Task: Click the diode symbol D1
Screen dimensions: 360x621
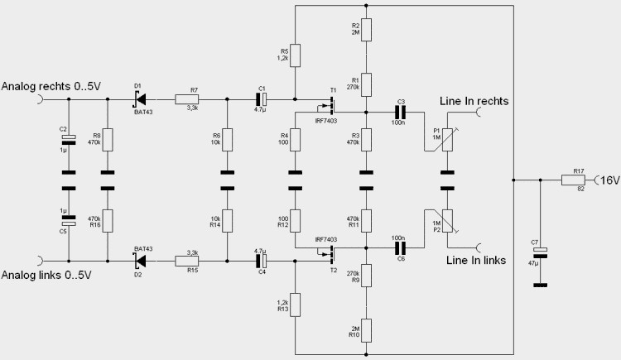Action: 140,99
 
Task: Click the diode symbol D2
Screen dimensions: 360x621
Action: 140,261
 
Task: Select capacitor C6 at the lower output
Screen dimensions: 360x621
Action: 402,247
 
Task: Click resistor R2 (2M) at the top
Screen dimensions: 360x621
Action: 365,29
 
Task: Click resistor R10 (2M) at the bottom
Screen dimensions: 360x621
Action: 365,330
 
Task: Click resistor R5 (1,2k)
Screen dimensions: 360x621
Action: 295,55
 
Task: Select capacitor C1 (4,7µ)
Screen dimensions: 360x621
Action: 261,99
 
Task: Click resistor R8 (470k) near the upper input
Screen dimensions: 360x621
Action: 108,140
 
